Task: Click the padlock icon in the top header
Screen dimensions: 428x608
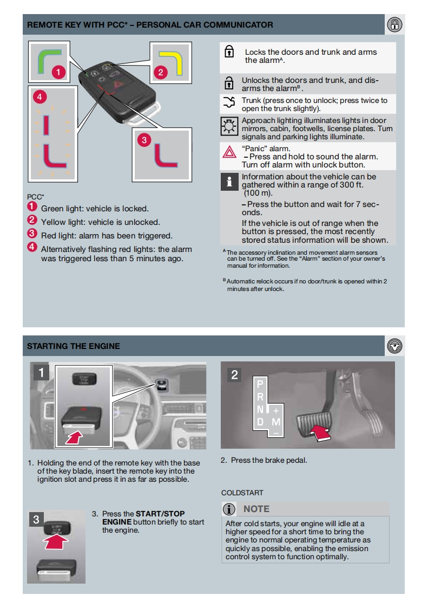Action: [x=396, y=24]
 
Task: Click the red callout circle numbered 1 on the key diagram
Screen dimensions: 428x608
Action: [x=58, y=72]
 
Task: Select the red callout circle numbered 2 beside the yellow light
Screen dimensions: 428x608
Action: [x=160, y=72]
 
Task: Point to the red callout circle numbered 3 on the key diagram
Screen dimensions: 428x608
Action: [x=144, y=140]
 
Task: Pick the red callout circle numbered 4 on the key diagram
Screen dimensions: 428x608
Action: [x=38, y=97]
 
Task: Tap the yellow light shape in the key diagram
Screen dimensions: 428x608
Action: [x=168, y=60]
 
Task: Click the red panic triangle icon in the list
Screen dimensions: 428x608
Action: [x=229, y=152]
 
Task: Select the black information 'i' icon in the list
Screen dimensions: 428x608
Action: [x=229, y=183]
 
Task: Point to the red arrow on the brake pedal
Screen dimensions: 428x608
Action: [x=321, y=432]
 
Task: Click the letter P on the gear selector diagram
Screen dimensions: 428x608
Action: [x=260, y=383]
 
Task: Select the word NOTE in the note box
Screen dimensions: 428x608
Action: [x=256, y=509]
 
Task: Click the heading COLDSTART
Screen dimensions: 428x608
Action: [x=242, y=493]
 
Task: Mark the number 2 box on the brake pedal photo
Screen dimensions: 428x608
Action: [x=234, y=374]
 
